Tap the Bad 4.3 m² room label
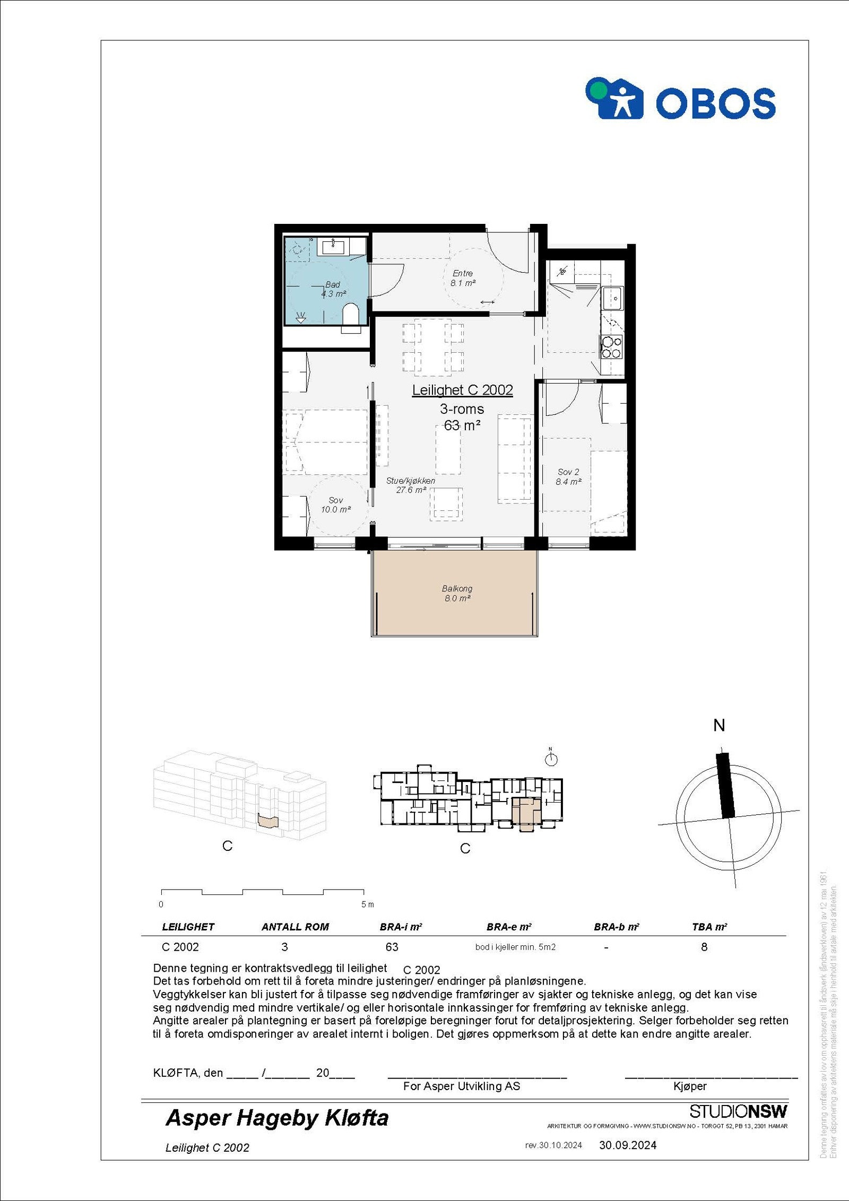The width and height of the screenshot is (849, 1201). click(333, 289)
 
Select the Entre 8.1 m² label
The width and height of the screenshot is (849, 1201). click(463, 278)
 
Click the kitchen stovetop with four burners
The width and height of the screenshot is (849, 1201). click(611, 347)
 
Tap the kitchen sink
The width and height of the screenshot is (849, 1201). click(613, 299)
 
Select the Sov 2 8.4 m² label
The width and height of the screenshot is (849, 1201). click(568, 476)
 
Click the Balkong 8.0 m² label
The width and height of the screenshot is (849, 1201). click(457, 593)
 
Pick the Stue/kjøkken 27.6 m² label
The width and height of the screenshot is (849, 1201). click(411, 485)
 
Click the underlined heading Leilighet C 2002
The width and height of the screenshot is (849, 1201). click(463, 390)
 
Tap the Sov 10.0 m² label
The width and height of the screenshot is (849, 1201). click(336, 504)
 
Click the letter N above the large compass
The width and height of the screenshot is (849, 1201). click(719, 725)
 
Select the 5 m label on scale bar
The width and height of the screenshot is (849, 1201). click(367, 904)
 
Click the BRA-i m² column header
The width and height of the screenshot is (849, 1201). click(401, 927)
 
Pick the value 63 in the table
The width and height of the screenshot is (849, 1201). click(392, 947)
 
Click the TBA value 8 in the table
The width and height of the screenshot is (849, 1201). click(704, 947)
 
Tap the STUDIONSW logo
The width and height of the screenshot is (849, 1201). click(738, 1111)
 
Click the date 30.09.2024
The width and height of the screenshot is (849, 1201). click(628, 1145)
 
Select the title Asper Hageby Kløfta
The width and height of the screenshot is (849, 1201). click(277, 1118)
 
